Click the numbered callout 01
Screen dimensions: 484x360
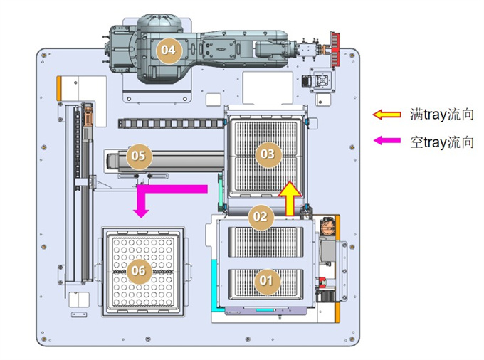(266, 281)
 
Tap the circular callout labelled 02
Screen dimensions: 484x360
(261, 217)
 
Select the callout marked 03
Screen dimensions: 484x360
(268, 154)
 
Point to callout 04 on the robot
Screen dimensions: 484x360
(169, 50)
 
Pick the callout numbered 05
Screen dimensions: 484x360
(139, 156)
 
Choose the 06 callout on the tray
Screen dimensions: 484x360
(139, 271)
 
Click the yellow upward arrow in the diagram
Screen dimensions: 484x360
(290, 198)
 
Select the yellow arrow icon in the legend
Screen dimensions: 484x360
(386, 115)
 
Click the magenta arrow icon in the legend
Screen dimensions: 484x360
(387, 141)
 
